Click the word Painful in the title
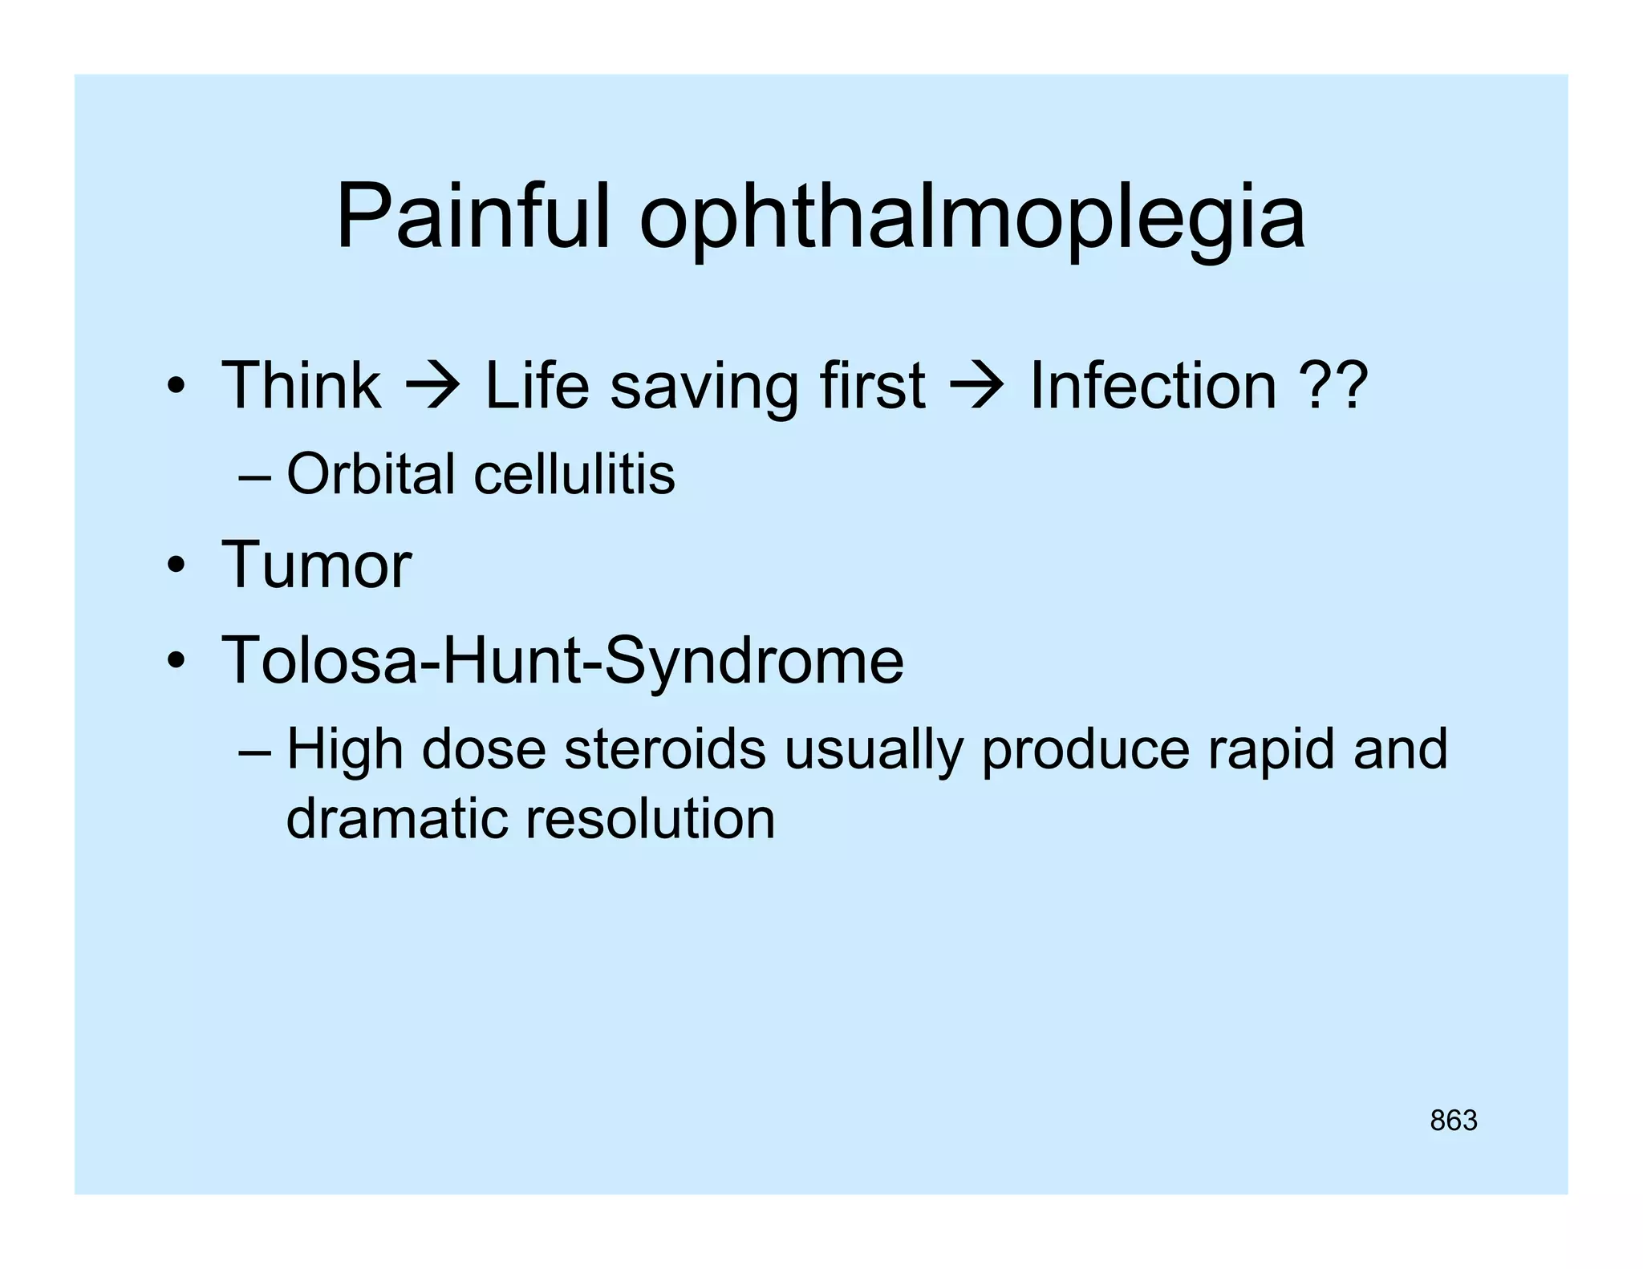(473, 217)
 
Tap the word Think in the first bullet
(301, 386)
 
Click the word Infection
(1152, 386)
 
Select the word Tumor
(316, 565)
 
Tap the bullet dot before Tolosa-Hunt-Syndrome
(176, 663)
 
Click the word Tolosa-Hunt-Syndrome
(562, 661)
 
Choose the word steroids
(665, 750)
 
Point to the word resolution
(651, 819)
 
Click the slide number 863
(1453, 1121)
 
